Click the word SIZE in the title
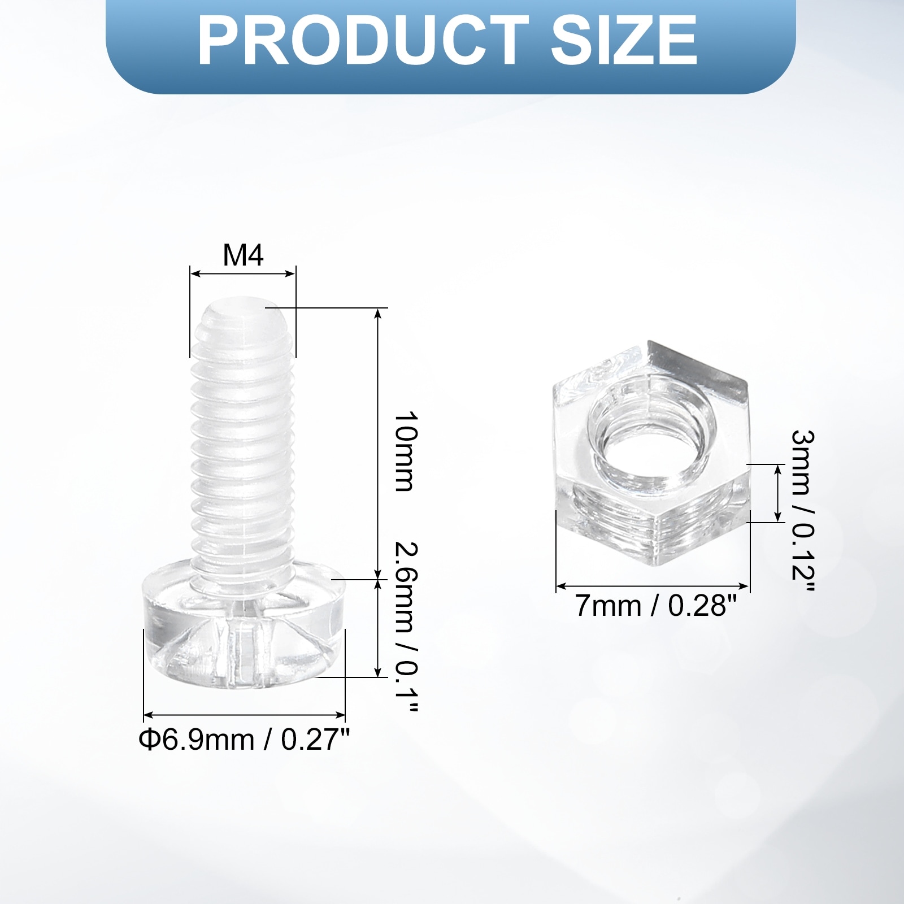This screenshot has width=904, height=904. click(x=624, y=41)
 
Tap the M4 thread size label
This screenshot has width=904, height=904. click(x=243, y=255)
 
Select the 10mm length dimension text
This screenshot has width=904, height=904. click(x=406, y=451)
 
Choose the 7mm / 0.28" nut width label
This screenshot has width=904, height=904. click(x=657, y=606)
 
